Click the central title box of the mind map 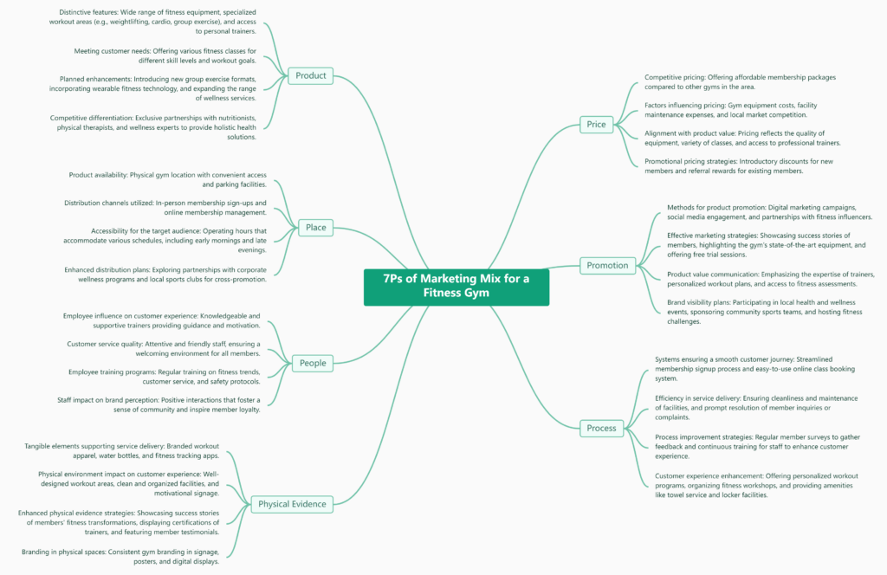tap(456, 286)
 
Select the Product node tap(310, 75)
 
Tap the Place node tap(315, 228)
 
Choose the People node tap(312, 363)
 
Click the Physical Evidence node tap(292, 504)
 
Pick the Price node tap(596, 124)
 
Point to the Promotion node tap(607, 265)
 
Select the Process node tap(601, 428)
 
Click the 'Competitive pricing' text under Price tap(740, 82)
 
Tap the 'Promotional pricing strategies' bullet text tap(735, 165)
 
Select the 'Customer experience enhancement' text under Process tap(756, 485)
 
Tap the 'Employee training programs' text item tap(164, 377)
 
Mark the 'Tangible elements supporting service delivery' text tap(121, 450)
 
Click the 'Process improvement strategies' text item tap(757, 446)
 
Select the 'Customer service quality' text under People tap(163, 348)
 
